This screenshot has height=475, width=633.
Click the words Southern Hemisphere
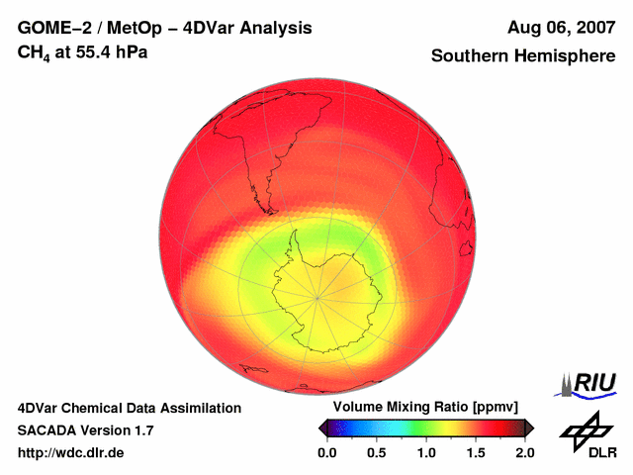point(523,56)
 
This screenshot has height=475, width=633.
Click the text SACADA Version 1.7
point(85,430)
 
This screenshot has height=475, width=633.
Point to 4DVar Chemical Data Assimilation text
point(129,408)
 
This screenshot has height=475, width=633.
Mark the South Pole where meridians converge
point(317,296)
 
